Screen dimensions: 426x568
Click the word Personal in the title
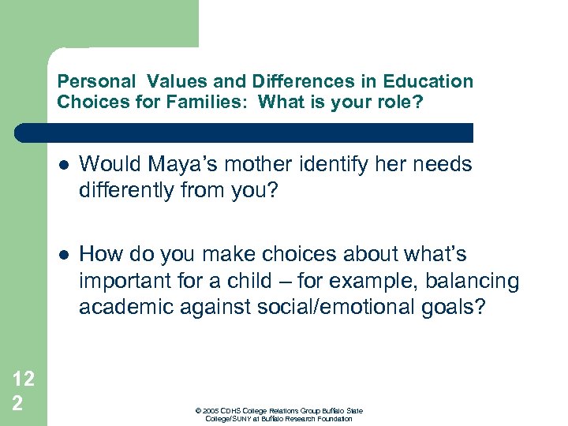point(89,81)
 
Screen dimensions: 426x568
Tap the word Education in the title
point(428,81)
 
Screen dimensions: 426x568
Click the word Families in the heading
point(215,101)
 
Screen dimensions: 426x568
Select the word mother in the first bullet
point(237,164)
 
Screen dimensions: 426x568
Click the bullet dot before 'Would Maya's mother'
point(63,166)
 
